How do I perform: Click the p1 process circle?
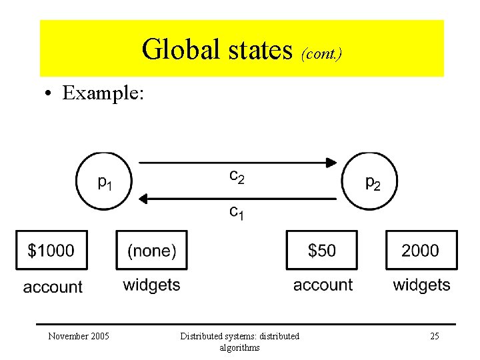(104, 181)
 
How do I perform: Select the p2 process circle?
(371, 181)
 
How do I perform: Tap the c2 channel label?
(237, 177)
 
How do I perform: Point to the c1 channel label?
(237, 212)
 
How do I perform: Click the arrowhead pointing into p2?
(331, 162)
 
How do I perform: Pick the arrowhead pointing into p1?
(143, 198)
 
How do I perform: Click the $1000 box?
(51, 250)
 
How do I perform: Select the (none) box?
(151, 250)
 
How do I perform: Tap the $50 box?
(322, 250)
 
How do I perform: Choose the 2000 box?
(421, 250)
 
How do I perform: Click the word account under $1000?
(53, 287)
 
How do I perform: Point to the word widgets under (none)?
(151, 285)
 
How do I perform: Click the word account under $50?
(323, 285)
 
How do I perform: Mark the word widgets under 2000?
(421, 285)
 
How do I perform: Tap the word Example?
(103, 93)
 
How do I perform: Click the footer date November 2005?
(79, 336)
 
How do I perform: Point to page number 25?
(434, 336)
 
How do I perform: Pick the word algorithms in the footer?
(239, 347)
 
